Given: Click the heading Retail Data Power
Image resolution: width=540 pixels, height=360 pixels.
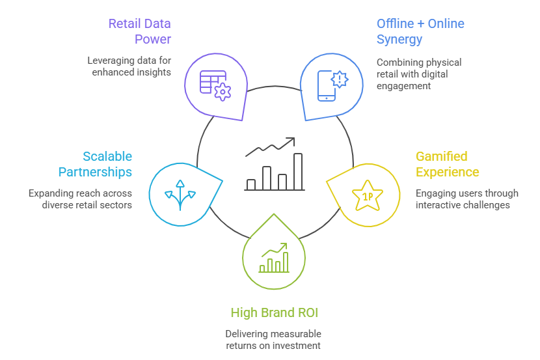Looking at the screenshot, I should pyautogui.click(x=139, y=31).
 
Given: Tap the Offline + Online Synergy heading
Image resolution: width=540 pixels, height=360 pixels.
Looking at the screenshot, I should pyautogui.click(x=420, y=31).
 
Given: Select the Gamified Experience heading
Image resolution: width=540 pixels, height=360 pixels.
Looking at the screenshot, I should pyautogui.click(x=448, y=164).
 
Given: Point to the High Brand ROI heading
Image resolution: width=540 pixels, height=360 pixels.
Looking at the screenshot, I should pyautogui.click(x=274, y=313).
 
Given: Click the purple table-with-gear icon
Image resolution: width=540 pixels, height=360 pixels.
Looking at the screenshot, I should pyautogui.click(x=215, y=83).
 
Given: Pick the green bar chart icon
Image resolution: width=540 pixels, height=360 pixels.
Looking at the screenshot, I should pyautogui.click(x=274, y=259).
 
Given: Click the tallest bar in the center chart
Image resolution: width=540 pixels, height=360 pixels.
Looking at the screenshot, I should pyautogui.click(x=298, y=171).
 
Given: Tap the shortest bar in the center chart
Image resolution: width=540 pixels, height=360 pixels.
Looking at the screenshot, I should pyautogui.click(x=250, y=184).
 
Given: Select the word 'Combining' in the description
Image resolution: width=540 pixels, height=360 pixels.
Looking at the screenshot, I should pyautogui.click(x=398, y=62).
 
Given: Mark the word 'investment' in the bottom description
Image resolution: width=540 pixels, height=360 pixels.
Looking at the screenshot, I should pyautogui.click(x=298, y=346).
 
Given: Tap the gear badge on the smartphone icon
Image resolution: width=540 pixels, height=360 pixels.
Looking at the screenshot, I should pyautogui.click(x=340, y=79).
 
